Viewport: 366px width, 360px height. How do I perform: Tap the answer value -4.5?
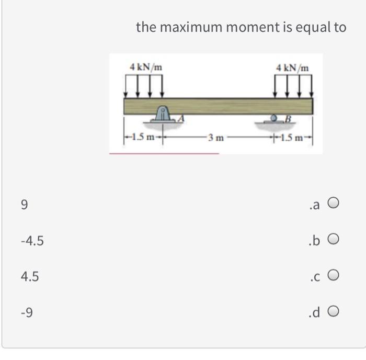coord(32,241)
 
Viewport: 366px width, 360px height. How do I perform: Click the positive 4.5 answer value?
coord(30,276)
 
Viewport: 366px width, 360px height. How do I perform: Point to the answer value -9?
coord(27,312)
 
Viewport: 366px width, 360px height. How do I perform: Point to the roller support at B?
coord(273,118)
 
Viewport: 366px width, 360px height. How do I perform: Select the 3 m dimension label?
coord(215,138)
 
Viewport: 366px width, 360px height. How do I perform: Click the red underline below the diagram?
coord(164,153)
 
